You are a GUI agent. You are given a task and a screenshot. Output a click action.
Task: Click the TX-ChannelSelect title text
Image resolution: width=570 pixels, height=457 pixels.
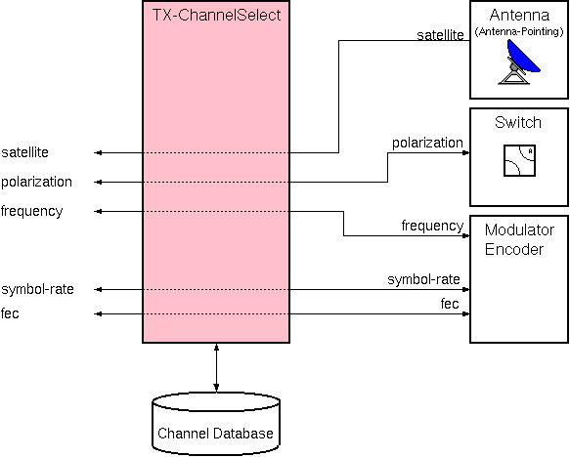pos(216,15)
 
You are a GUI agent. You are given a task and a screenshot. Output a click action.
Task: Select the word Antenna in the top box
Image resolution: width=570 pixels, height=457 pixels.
pos(520,16)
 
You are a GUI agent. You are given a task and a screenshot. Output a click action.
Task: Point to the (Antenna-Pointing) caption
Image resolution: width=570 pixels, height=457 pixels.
pos(519,32)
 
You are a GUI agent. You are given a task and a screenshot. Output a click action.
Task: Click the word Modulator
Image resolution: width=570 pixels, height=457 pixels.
pos(519,230)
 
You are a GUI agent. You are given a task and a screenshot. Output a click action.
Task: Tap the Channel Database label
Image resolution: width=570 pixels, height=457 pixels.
pos(216,433)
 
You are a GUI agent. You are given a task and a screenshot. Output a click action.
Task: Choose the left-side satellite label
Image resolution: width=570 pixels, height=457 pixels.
pos(25,152)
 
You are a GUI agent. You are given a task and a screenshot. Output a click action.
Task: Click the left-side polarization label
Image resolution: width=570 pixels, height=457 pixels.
pos(36,182)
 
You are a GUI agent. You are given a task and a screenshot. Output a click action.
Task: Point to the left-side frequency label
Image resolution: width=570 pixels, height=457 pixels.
pos(31,211)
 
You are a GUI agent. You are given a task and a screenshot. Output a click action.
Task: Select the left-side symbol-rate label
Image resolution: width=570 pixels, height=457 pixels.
pos(37,289)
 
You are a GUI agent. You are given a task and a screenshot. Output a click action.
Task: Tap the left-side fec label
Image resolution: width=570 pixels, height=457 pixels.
pos(12,313)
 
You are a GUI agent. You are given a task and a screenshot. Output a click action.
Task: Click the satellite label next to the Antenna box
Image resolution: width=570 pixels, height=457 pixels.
pos(439,35)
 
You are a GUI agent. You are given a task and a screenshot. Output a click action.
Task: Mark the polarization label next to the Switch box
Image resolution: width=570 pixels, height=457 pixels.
pos(427,143)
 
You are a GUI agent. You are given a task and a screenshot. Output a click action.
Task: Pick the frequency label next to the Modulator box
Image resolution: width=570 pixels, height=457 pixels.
pos(432,226)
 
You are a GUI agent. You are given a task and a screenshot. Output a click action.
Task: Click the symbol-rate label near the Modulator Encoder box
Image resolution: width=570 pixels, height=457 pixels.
pos(424,280)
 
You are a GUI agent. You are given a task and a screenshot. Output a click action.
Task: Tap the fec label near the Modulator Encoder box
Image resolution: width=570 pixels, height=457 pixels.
pos(450,305)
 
